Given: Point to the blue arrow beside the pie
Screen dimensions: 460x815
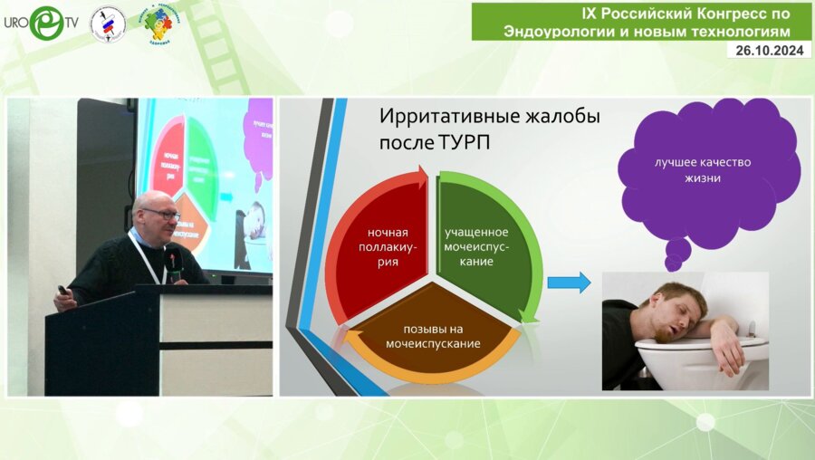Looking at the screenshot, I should (569, 283).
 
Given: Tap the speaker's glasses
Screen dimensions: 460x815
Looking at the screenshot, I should (160, 214).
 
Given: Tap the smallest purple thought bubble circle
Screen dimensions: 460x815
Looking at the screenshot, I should (672, 264).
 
